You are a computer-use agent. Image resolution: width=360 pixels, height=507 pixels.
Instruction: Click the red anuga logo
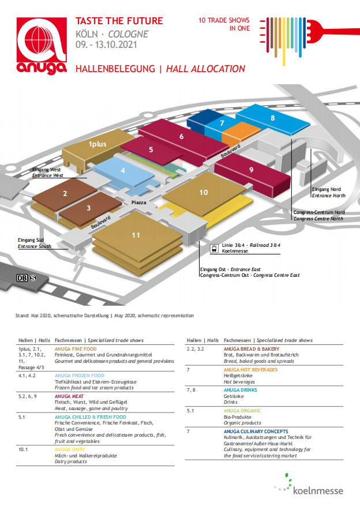tap(42, 47)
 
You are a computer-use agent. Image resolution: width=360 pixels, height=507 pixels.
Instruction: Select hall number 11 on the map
tap(136, 235)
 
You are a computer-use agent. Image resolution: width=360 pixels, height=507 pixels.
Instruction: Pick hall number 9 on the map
tap(252, 170)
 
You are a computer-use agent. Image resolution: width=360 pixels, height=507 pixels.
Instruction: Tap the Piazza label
tap(138, 203)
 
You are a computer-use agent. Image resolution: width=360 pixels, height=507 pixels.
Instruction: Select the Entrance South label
tap(34, 246)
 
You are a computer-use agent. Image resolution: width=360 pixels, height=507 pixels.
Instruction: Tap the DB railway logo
tap(22, 278)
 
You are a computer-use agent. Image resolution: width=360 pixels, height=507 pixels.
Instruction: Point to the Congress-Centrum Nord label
tap(318, 212)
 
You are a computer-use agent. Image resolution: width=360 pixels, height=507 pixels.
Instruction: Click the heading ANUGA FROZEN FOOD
tap(80, 375)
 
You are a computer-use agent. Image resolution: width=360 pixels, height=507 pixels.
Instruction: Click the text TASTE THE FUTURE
tap(119, 21)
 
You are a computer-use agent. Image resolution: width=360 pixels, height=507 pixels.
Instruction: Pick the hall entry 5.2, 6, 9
tap(29, 396)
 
